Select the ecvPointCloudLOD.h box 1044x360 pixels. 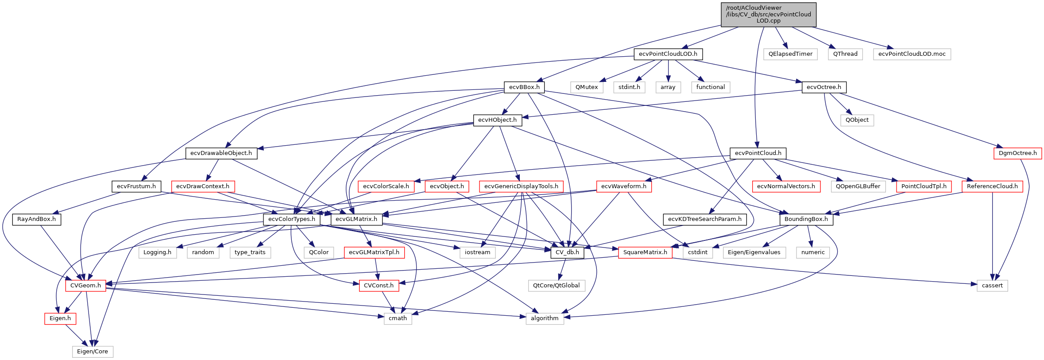(668, 54)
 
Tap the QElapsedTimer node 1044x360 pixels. (790, 54)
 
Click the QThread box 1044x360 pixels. (845, 54)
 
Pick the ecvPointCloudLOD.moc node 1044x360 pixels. (912, 54)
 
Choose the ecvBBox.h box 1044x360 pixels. (524, 87)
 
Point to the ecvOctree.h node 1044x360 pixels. (824, 87)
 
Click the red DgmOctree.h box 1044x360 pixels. (1017, 153)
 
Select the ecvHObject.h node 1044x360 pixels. (497, 120)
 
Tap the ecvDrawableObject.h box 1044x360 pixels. (221, 153)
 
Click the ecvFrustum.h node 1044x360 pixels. (136, 186)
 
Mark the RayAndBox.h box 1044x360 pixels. (36, 219)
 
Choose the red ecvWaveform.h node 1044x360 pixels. (623, 186)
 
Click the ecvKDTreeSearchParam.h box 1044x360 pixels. (704, 219)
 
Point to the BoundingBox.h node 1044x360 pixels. (806, 219)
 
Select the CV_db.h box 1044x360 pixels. (567, 252)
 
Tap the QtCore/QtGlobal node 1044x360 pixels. (556, 286)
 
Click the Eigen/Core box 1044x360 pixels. (93, 352)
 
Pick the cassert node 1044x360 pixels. (992, 286)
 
